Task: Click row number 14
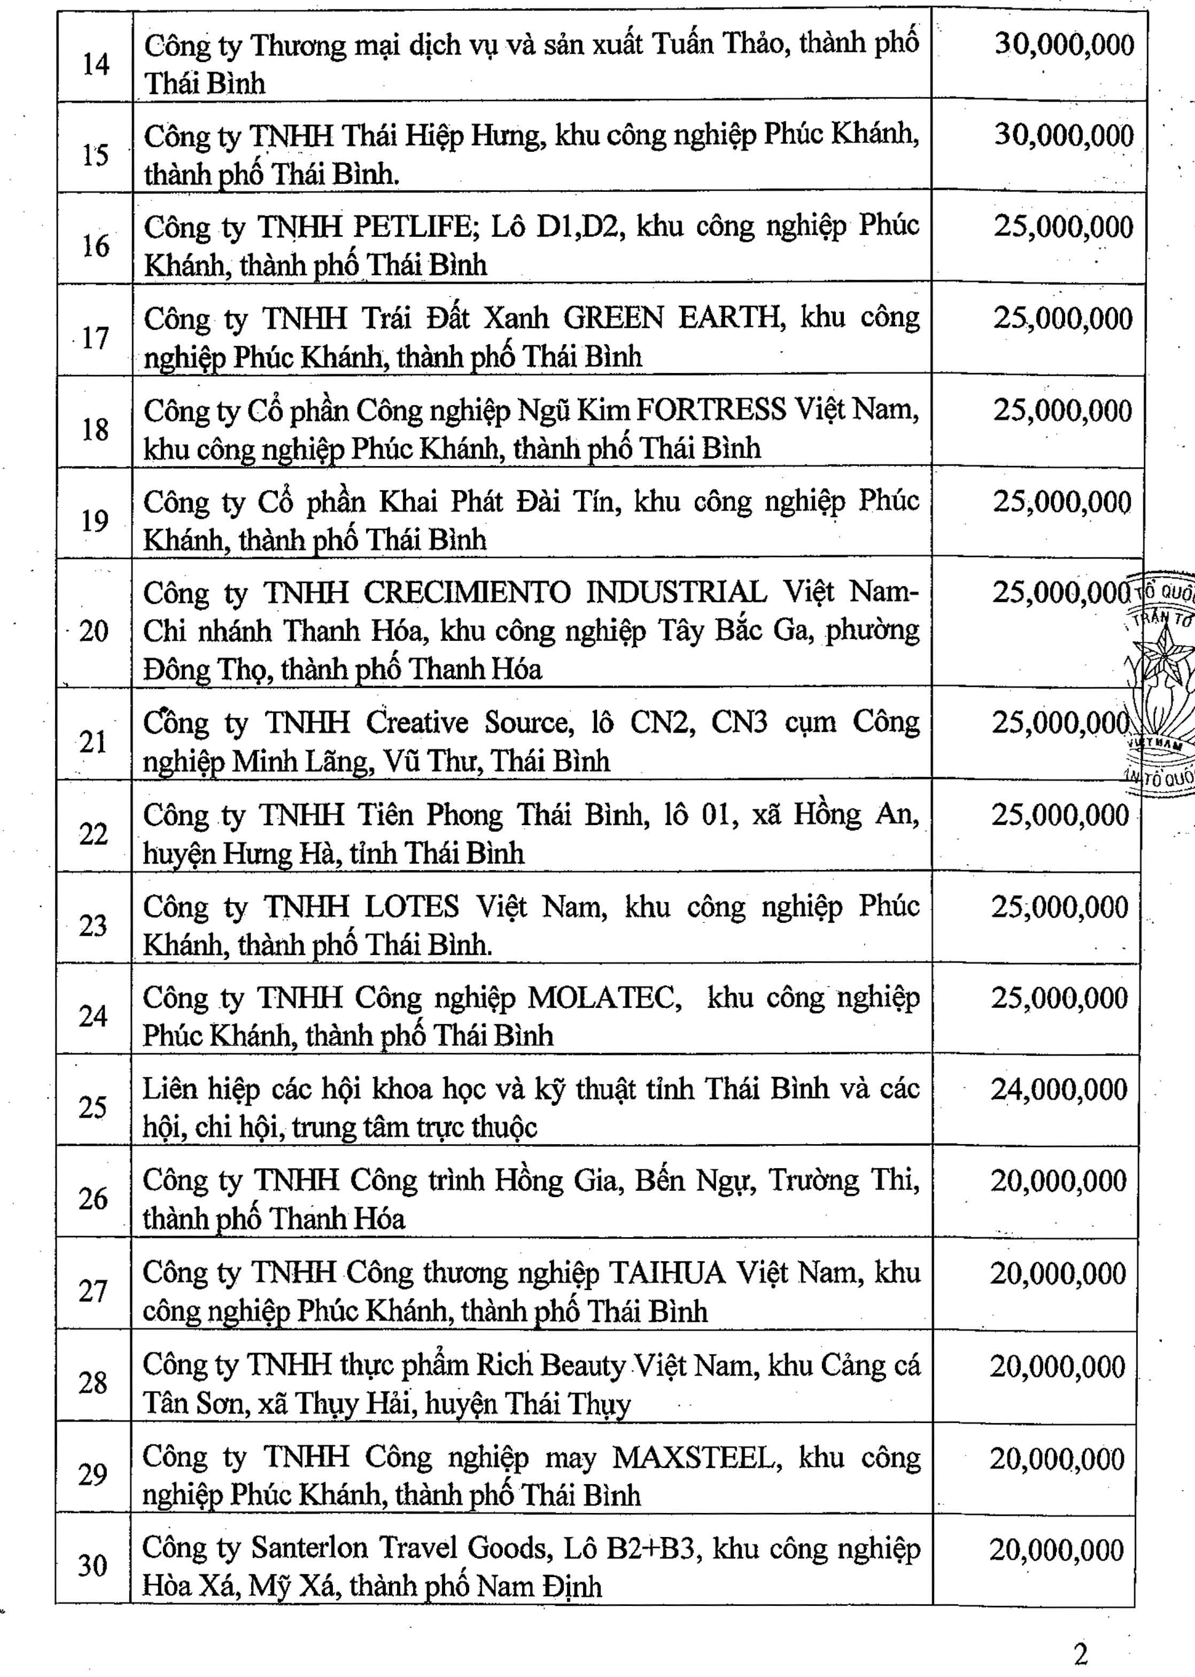96,64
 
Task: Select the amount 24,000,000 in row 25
1059,1090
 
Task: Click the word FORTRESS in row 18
711,409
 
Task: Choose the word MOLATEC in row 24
601,998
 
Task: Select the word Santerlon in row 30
309,1548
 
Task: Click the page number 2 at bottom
1080,1655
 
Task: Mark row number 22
94,834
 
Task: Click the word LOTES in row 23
412,906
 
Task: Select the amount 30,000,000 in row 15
1064,135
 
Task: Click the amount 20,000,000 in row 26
1058,1181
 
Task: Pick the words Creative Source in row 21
470,722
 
